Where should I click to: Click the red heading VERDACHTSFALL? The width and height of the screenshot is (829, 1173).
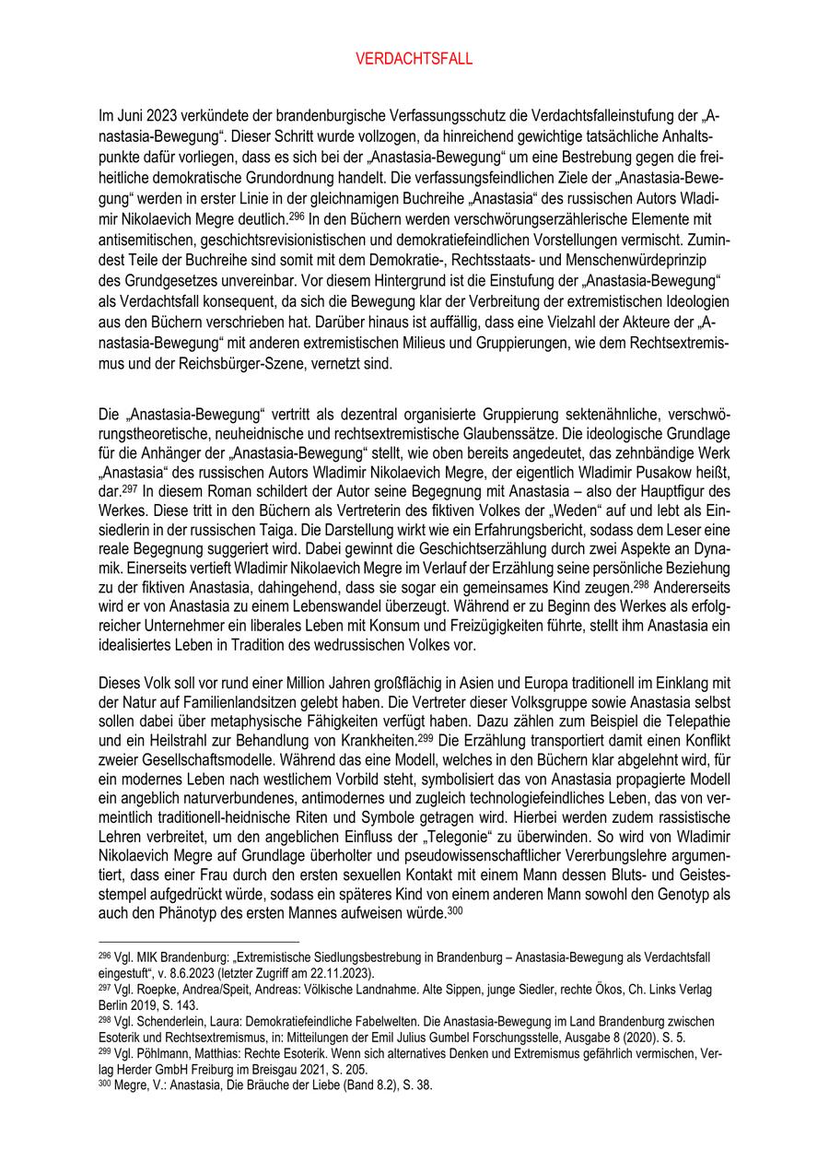pos(414,60)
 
